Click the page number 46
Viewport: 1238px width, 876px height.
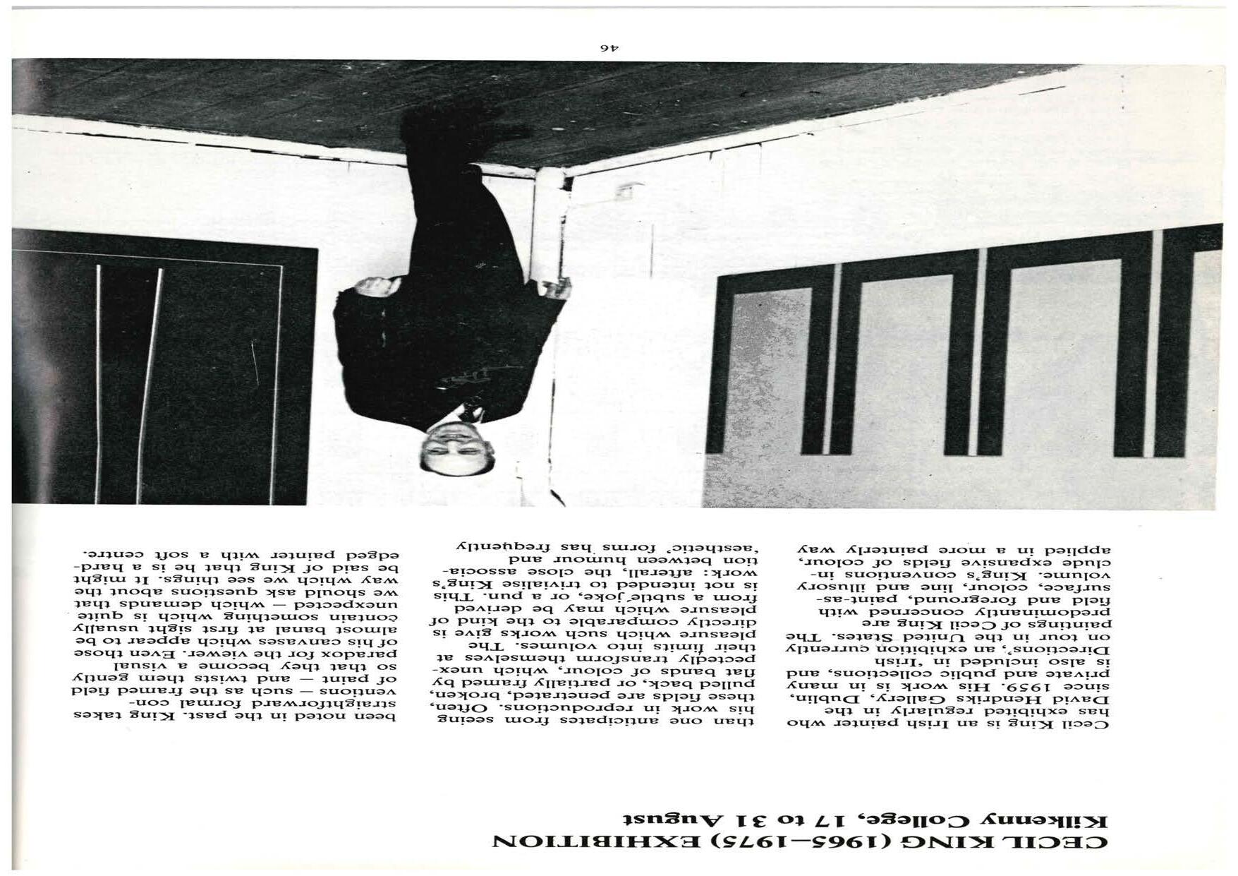point(609,47)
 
